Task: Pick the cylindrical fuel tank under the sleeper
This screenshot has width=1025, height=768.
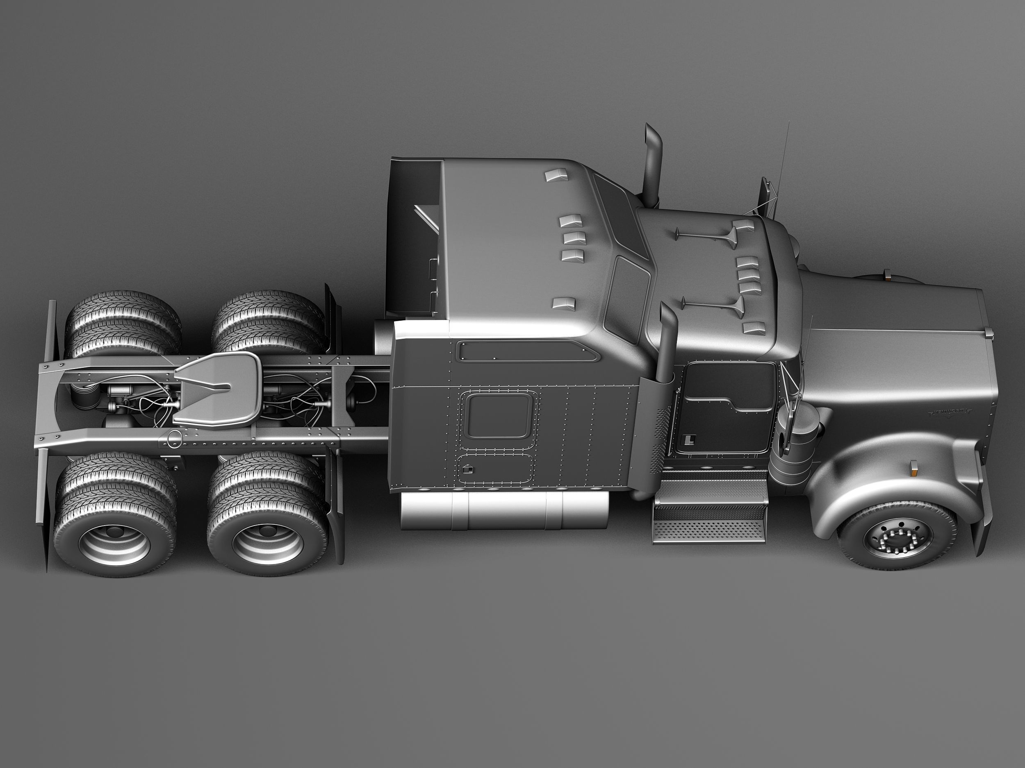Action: click(504, 510)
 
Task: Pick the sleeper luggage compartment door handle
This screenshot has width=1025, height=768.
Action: click(468, 470)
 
